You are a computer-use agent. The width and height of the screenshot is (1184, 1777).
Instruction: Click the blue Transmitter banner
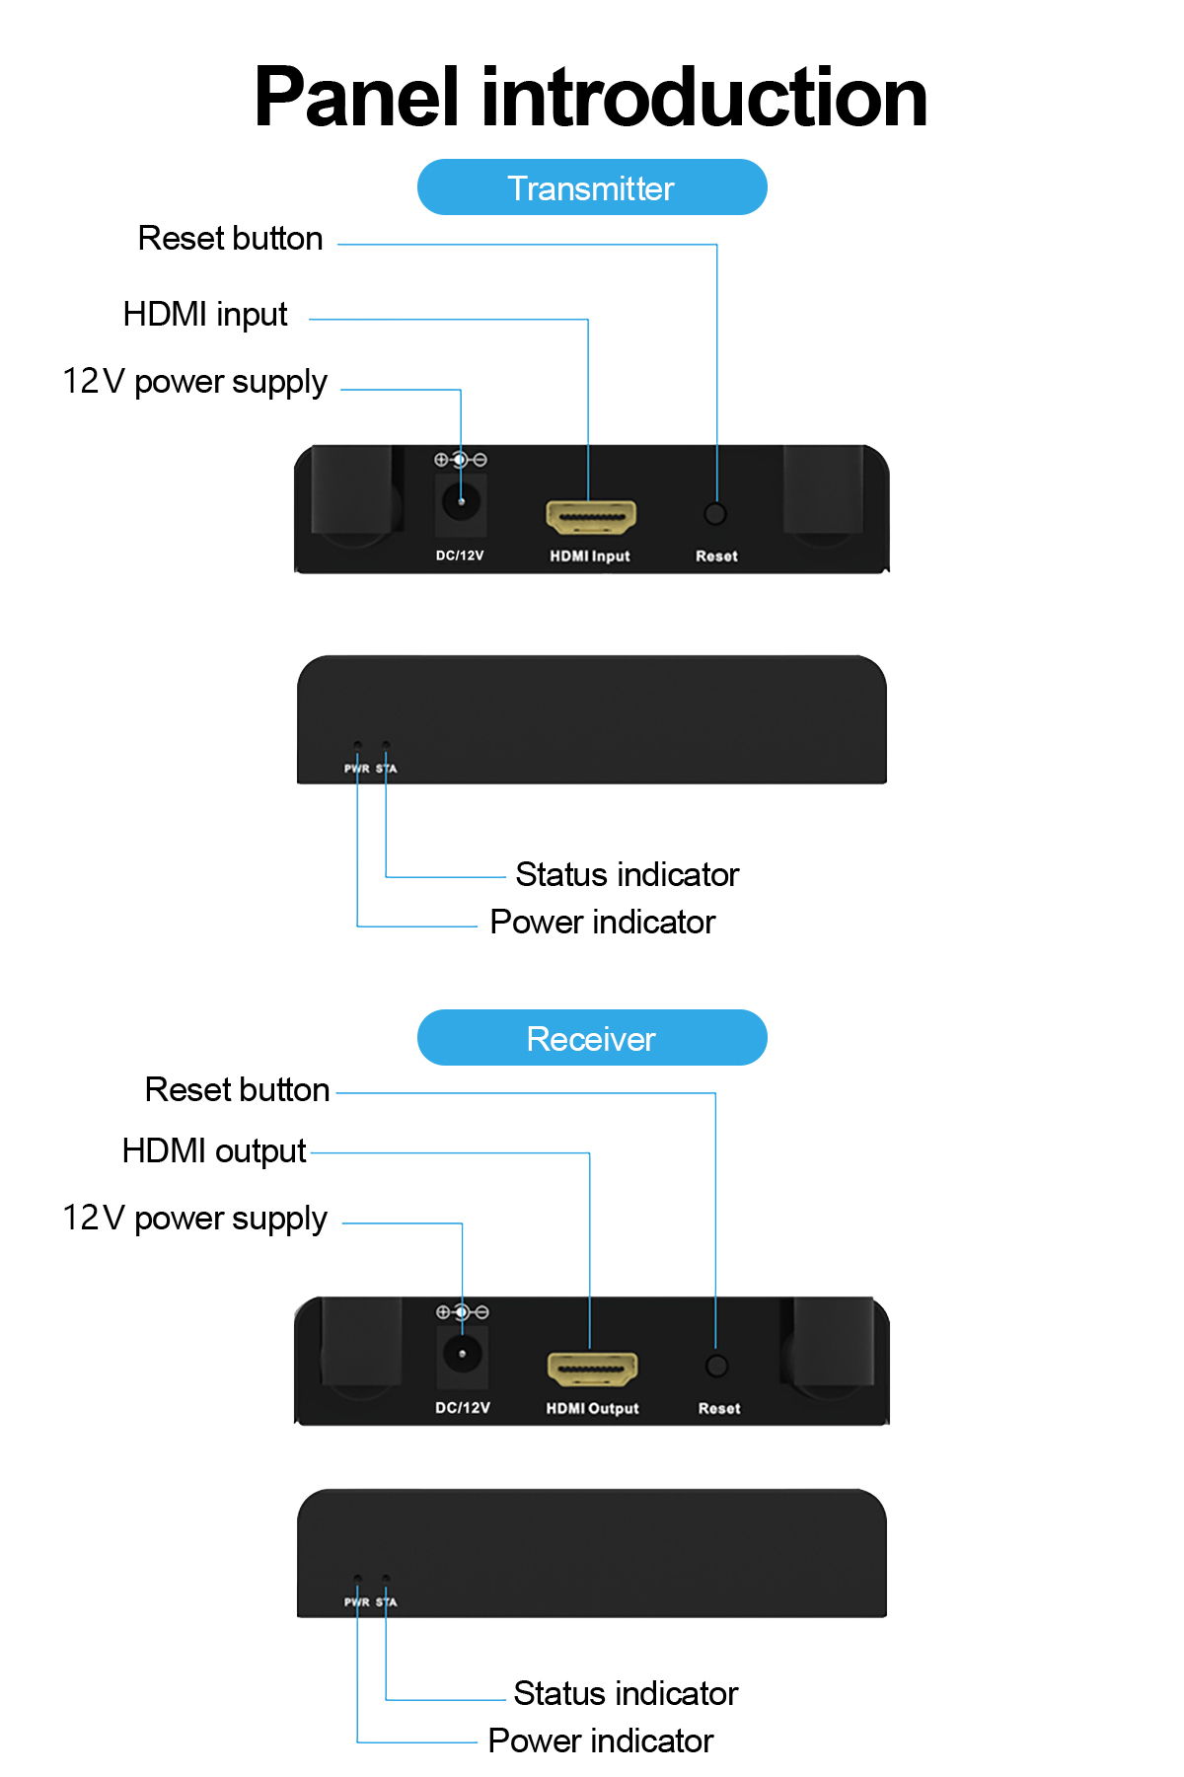click(592, 187)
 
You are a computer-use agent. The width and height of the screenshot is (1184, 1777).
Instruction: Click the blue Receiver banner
click(592, 1038)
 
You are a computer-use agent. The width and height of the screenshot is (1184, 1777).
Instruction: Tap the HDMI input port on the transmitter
click(591, 516)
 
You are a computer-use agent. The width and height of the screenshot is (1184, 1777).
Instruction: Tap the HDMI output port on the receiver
click(592, 1369)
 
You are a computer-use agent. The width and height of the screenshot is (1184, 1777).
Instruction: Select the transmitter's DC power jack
click(461, 502)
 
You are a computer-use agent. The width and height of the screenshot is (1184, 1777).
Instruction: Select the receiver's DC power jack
click(462, 1354)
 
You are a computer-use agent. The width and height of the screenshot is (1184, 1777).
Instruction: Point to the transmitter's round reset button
click(715, 514)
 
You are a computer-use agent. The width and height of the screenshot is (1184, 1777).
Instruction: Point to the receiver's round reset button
click(717, 1366)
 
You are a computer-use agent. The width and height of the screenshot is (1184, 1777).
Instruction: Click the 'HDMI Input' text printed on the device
click(590, 556)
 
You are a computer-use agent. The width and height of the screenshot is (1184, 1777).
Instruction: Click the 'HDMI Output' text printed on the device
click(592, 1409)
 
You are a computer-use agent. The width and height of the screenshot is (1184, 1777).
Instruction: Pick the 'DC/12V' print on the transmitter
click(460, 555)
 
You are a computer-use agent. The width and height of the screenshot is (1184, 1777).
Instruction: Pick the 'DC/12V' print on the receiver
click(463, 1408)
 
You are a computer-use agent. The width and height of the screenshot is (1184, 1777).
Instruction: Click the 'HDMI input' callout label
click(205, 315)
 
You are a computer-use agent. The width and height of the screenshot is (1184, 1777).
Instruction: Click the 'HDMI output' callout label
click(214, 1151)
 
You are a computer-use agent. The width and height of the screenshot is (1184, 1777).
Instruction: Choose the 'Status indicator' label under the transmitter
click(628, 875)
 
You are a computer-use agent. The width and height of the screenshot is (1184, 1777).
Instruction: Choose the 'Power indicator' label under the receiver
click(601, 1741)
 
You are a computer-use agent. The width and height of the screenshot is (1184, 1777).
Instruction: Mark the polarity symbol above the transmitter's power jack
click(461, 460)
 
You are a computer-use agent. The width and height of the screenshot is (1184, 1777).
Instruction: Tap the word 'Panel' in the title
click(356, 98)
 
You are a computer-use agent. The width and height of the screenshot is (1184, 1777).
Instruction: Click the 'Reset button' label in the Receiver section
click(237, 1090)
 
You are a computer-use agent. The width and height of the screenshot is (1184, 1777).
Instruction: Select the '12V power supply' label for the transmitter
click(195, 383)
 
